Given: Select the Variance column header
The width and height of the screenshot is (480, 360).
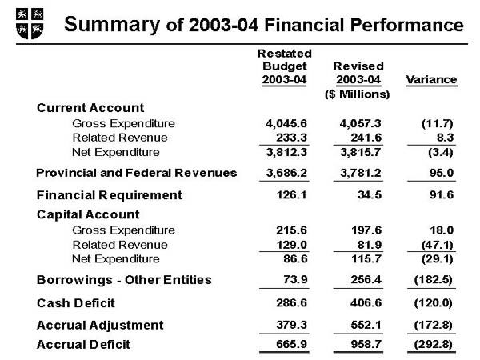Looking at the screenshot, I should pos(431,79).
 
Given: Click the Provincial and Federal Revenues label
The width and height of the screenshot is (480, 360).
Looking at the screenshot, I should pos(137,172).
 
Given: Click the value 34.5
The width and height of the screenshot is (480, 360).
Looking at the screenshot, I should pos(364,194).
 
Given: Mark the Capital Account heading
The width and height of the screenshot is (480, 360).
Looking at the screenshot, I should pos(89,214).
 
